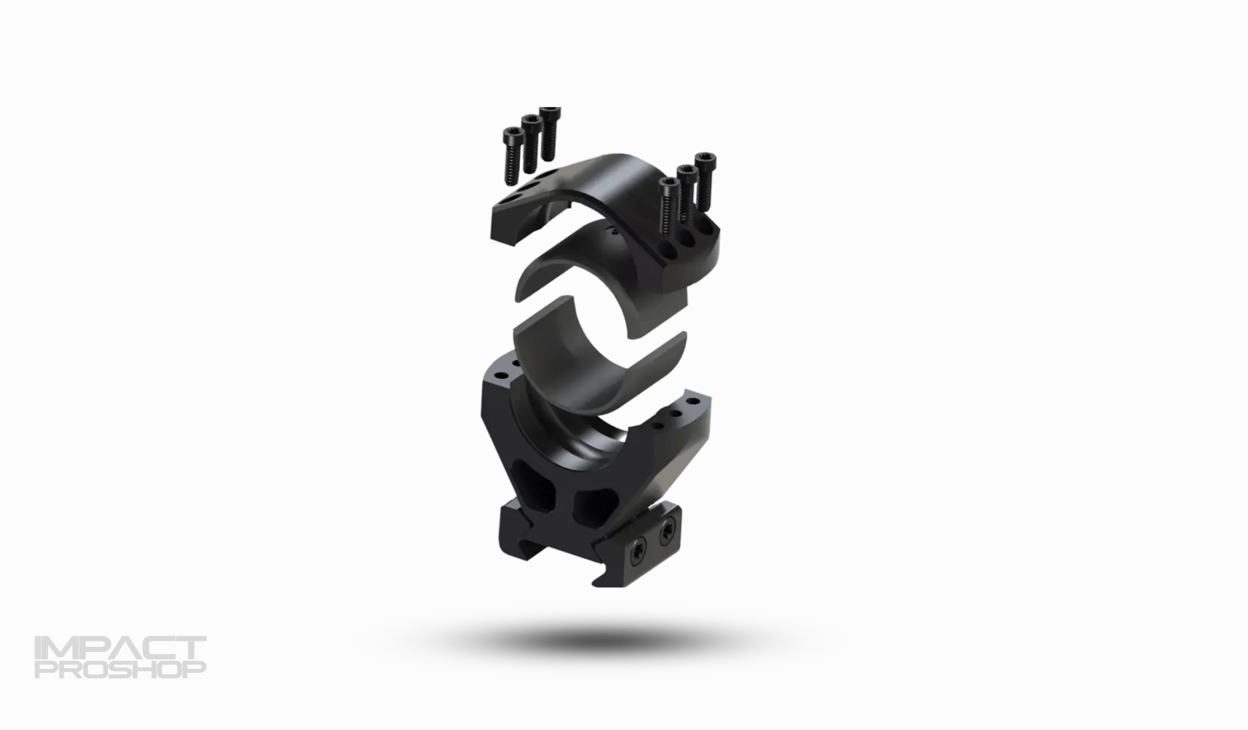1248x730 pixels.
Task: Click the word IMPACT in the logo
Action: coord(120,648)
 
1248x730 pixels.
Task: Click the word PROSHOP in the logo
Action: coord(120,669)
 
